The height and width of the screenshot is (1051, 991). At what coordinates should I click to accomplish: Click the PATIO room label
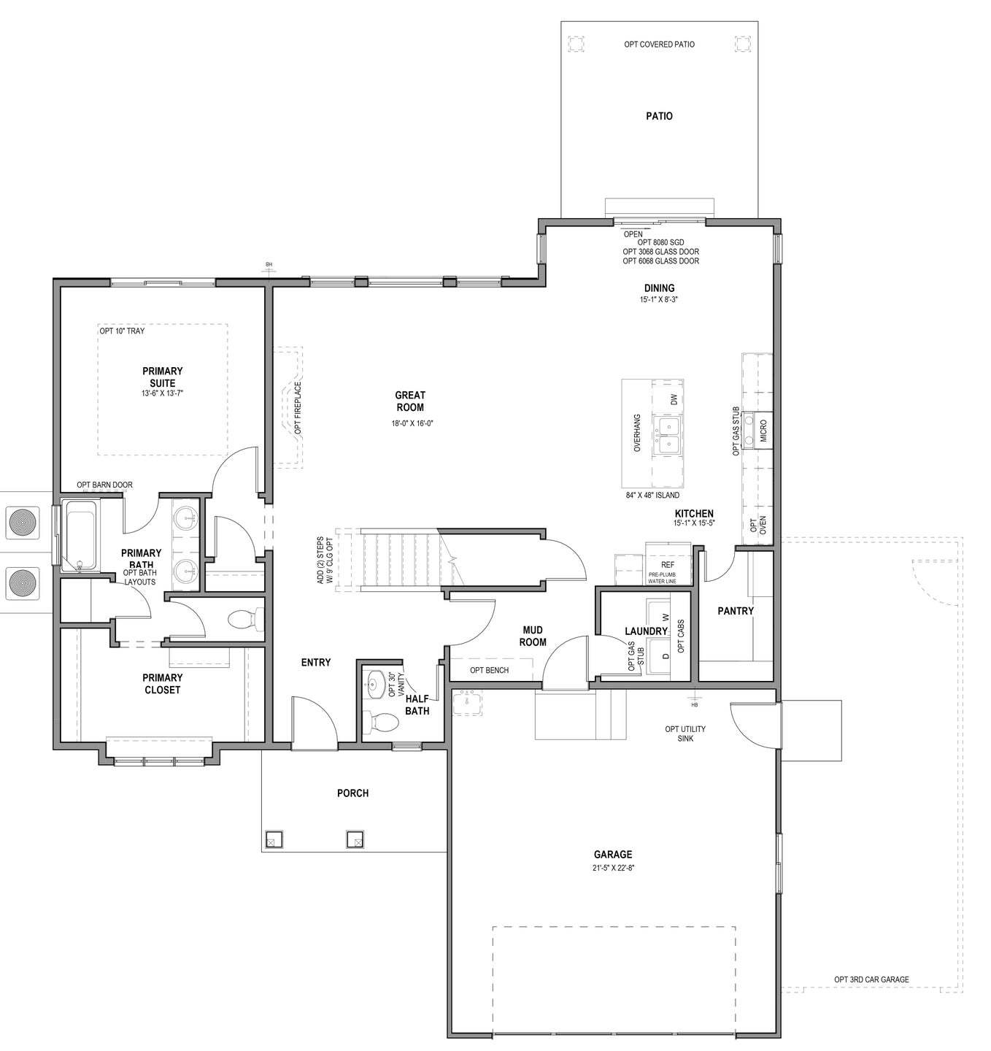tap(659, 116)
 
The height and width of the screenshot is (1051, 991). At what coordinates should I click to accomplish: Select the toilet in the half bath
tap(382, 723)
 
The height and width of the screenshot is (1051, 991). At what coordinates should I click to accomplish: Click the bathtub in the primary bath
tap(82, 534)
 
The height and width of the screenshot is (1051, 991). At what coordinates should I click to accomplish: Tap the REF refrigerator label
tap(667, 565)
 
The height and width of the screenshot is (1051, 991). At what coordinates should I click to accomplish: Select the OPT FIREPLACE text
tap(298, 409)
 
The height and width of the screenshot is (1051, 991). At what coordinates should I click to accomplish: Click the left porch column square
tap(274, 839)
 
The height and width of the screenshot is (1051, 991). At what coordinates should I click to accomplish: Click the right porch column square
tap(355, 839)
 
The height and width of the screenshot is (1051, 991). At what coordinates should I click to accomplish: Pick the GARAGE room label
tap(612, 854)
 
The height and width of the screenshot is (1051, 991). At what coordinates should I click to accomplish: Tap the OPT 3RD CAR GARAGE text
tap(871, 979)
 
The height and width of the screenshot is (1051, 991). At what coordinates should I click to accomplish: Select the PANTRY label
tap(735, 611)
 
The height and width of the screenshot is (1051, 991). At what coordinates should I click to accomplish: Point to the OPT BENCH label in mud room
tap(489, 670)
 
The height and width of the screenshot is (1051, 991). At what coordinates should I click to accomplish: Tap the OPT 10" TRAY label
tap(122, 331)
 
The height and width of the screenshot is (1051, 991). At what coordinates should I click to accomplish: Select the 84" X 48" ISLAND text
tap(652, 495)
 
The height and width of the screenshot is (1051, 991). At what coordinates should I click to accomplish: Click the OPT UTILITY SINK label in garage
tap(685, 734)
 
